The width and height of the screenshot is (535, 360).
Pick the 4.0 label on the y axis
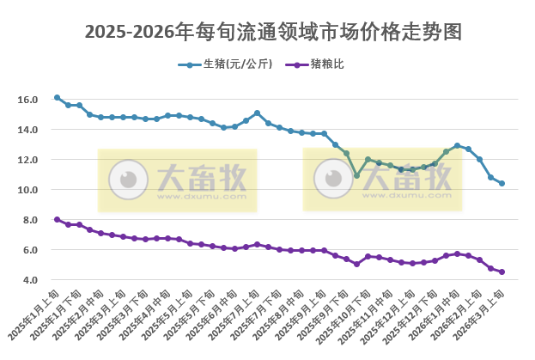coord(30,280)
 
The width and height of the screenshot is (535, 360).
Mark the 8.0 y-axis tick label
coord(30,220)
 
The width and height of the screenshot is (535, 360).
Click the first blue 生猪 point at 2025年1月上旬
coord(57,98)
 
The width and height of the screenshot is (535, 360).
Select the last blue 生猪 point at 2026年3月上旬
coord(502,183)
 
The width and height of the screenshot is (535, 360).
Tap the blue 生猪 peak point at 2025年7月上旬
coord(257,113)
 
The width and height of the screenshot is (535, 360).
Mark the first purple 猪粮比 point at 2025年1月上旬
coord(57,219)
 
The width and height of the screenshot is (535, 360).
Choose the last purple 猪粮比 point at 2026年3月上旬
coord(502,272)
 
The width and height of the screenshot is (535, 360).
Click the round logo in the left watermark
coord(129,179)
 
